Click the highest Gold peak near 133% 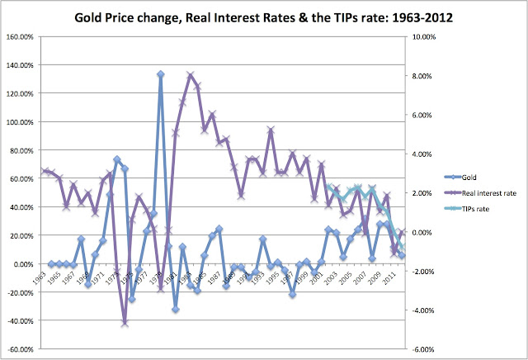pyautogui.click(x=160, y=74)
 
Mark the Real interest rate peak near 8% pyautogui.click(x=191, y=75)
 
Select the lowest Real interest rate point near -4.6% pyautogui.click(x=125, y=323)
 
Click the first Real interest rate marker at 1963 pyautogui.click(x=43, y=171)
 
